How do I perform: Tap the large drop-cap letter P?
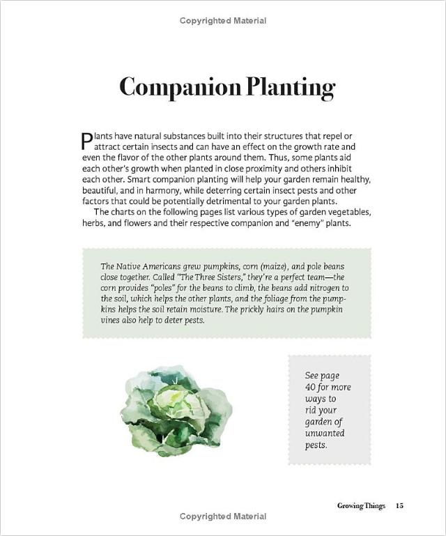click(87, 141)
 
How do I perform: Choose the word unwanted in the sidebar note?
click(325, 433)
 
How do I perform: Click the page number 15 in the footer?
click(399, 505)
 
